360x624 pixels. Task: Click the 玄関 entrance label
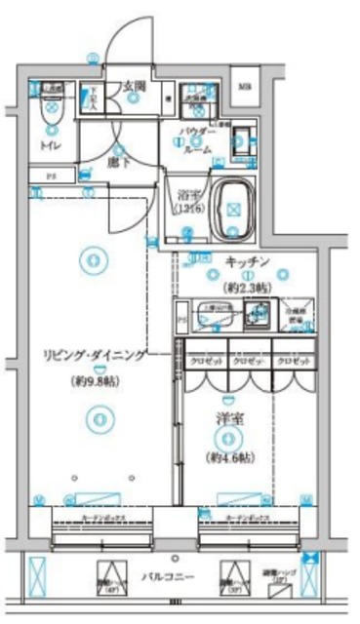pos(134,87)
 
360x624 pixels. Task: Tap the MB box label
pos(245,86)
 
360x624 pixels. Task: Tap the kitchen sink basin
pos(259,314)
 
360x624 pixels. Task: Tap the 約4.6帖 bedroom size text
pos(230,457)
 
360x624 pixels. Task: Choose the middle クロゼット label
pos(251,360)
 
